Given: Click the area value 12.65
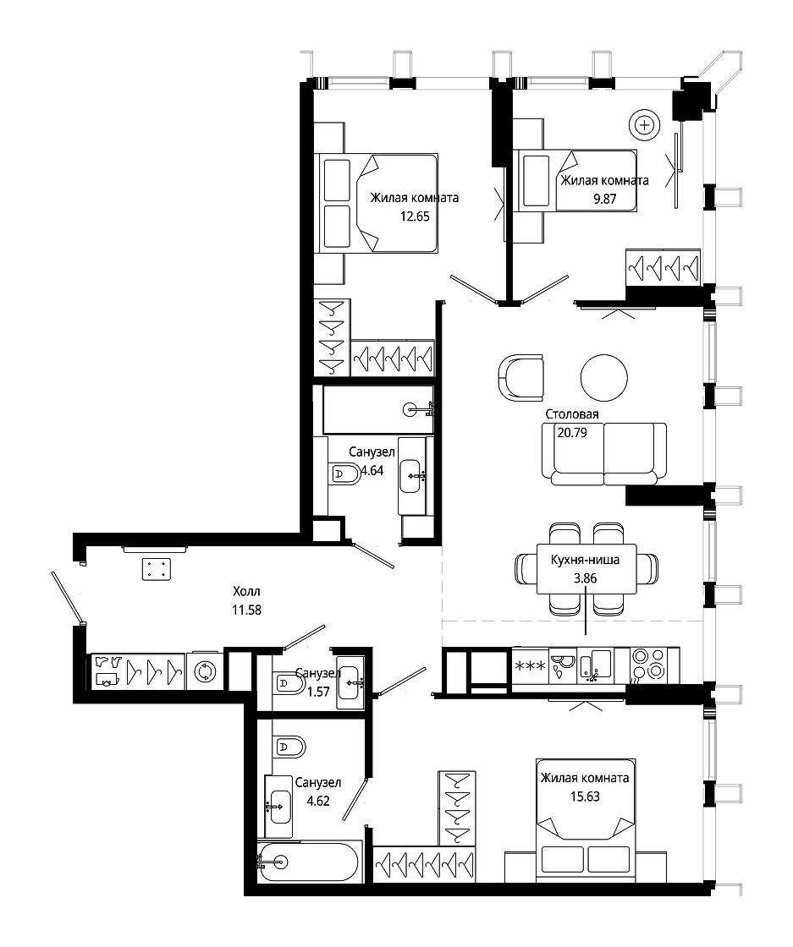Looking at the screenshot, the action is point(415,216).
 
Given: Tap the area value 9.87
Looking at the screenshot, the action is point(604,199).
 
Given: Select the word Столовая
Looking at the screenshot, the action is point(572,414).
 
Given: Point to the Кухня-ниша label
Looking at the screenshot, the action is point(585,560).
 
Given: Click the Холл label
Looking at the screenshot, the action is point(246,591).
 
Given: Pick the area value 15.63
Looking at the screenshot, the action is point(585,796).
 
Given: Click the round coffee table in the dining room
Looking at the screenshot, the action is point(603,377).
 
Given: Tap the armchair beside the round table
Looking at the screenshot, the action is point(521,378).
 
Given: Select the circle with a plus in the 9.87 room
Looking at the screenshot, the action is point(645,126).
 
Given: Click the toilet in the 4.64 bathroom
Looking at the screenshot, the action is point(344,473).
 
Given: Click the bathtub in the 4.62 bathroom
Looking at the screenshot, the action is point(310,862).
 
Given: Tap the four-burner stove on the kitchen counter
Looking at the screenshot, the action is point(648,665).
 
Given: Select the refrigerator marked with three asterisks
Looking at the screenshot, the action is point(530,666).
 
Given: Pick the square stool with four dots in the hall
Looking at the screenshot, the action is point(157,569).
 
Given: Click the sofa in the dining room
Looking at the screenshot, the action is point(604,453).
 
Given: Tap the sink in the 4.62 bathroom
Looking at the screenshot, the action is point(278,807).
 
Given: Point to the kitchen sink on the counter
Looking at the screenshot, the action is point(595,665).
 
